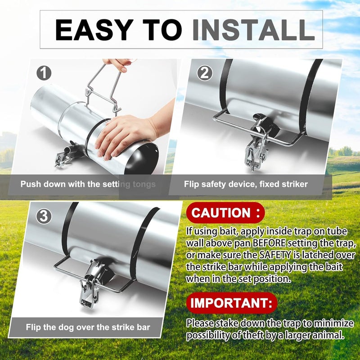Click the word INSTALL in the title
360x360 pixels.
253,30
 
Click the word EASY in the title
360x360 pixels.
94,30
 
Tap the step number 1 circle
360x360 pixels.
44,73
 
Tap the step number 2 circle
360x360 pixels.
204,73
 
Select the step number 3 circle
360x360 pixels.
43,216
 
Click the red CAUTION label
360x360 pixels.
225,212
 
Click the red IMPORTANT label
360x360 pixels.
231,303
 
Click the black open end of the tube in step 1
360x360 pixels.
142,159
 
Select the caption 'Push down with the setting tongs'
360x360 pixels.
88,184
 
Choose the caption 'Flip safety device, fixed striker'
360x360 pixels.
246,184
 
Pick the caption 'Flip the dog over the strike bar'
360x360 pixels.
88,327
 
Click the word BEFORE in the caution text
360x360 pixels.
269,243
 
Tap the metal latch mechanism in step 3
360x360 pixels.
91,284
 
